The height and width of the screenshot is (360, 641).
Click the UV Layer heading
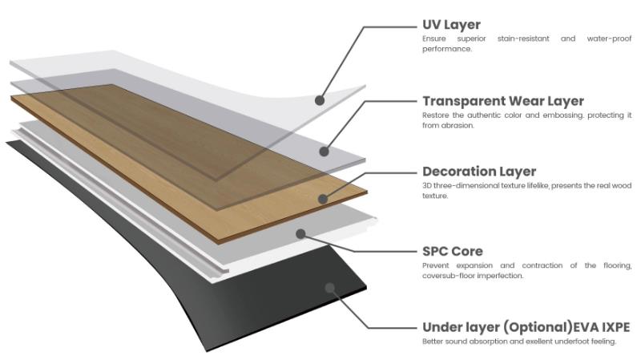pyautogui.click(x=451, y=25)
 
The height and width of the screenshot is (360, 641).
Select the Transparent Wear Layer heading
pyautogui.click(x=502, y=101)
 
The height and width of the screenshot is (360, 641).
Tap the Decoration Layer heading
pyautogui.click(x=478, y=172)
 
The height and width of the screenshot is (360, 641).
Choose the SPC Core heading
pyautogui.click(x=453, y=251)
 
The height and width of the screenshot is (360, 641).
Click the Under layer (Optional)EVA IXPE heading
pyautogui.click(x=526, y=327)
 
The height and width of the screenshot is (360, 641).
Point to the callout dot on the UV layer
pyautogui.click(x=319, y=101)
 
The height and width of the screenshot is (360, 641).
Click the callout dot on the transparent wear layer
pyautogui.click(x=325, y=150)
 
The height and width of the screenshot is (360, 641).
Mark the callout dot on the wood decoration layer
pyautogui.click(x=321, y=198)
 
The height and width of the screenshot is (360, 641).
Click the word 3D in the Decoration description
pyautogui.click(x=427, y=185)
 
